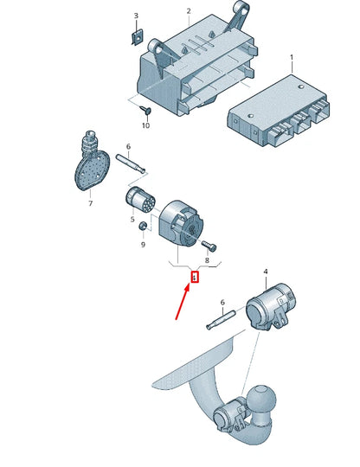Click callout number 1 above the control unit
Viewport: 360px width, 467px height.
pos(292,56)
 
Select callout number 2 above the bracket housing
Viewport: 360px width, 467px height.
pos(189,11)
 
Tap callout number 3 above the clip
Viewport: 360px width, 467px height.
pos(136,16)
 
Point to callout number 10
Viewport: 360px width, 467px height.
pos(145,125)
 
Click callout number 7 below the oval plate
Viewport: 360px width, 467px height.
pos(90,203)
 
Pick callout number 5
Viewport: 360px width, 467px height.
pos(132,220)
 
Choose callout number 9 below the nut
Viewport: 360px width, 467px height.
pos(143,245)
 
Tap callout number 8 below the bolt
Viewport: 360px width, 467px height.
pos(207,260)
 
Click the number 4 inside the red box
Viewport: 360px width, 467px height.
pos(195,278)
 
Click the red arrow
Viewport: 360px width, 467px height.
pos(182,302)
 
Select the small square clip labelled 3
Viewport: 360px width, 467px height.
pos(137,37)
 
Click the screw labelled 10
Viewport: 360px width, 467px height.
pos(146,111)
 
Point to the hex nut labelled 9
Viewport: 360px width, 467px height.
pos(142,226)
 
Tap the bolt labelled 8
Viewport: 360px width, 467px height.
pos(209,245)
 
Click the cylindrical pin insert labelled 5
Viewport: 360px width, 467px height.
pos(139,200)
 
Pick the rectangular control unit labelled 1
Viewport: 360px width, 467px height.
pos(279,111)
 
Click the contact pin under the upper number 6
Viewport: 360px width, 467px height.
pos(130,163)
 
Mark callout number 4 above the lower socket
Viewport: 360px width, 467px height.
pos(266,272)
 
